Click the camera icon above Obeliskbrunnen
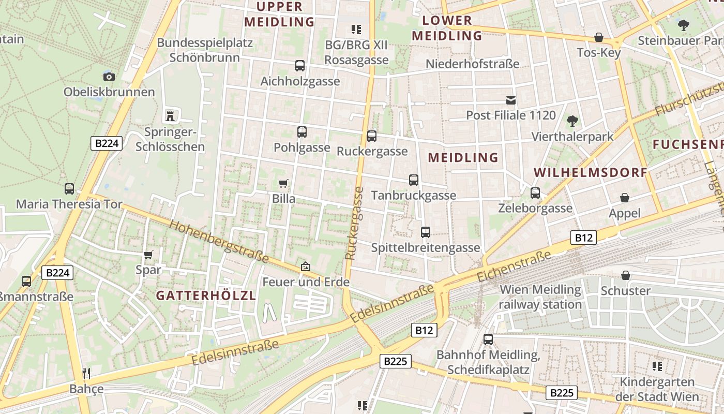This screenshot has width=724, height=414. coord(109,77)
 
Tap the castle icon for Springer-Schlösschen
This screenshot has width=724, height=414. coord(170,115)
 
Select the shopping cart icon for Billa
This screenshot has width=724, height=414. coord(283,183)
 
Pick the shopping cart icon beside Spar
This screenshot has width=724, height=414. coord(148,254)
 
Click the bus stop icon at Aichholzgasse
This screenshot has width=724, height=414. coord(300,66)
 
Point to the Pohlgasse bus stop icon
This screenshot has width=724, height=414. coord(302,132)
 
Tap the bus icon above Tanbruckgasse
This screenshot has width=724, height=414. coord(414,180)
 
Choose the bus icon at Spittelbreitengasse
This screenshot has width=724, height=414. coord(426,232)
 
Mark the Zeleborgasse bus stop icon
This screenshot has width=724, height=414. coord(535,193)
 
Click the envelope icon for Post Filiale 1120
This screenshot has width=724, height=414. coord(511,100)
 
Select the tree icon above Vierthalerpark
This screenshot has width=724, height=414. coord(572,121)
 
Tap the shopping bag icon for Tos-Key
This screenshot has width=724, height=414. coord(599,37)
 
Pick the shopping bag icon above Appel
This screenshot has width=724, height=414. coord(625,198)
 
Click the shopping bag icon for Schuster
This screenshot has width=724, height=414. coord(626,275)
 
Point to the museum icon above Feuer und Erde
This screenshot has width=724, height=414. coord(306,267)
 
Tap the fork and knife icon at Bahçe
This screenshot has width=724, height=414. coord(86,373)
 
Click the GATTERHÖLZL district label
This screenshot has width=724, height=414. coord(206,295)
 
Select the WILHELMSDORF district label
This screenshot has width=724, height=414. coord(591,172)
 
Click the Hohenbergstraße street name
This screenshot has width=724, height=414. coord(219,242)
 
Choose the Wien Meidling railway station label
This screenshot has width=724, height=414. coord(540,297)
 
